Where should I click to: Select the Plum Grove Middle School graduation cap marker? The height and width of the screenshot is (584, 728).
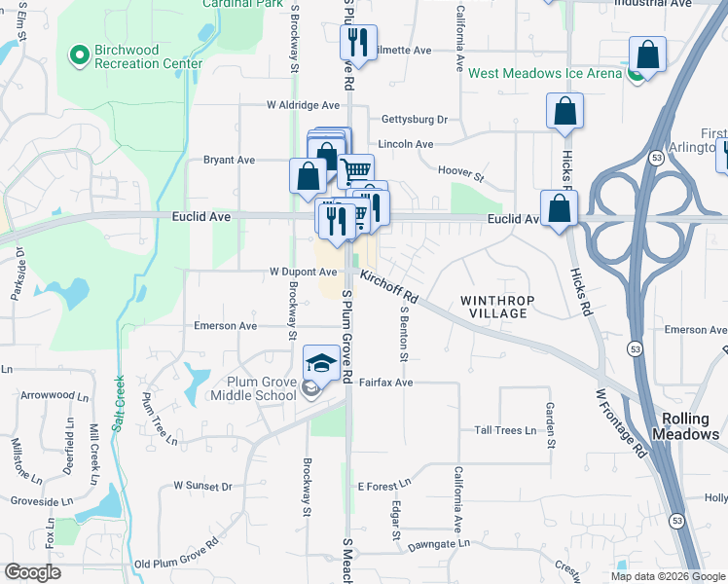tap(322, 364)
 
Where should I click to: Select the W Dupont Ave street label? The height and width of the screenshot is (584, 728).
tap(303, 273)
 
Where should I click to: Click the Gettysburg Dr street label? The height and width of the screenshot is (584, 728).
tap(414, 120)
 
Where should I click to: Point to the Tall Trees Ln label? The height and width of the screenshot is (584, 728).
tap(504, 430)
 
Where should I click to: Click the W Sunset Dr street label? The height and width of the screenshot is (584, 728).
tap(203, 485)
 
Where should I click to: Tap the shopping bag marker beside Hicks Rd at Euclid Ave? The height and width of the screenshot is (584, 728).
tap(560, 208)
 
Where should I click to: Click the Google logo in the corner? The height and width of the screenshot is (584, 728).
tap(33, 572)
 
